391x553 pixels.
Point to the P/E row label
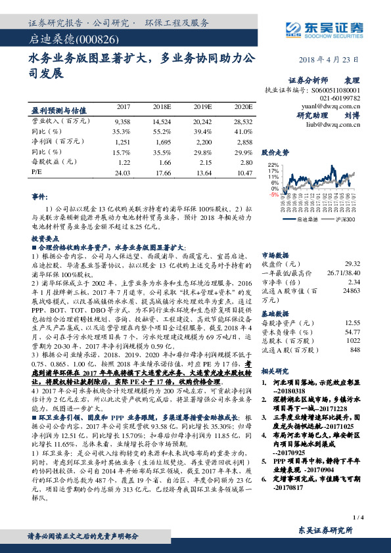point(37,173)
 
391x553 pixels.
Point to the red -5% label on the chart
point(273,195)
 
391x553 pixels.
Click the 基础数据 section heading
point(277,313)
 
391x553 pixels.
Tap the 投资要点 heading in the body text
point(45,238)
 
